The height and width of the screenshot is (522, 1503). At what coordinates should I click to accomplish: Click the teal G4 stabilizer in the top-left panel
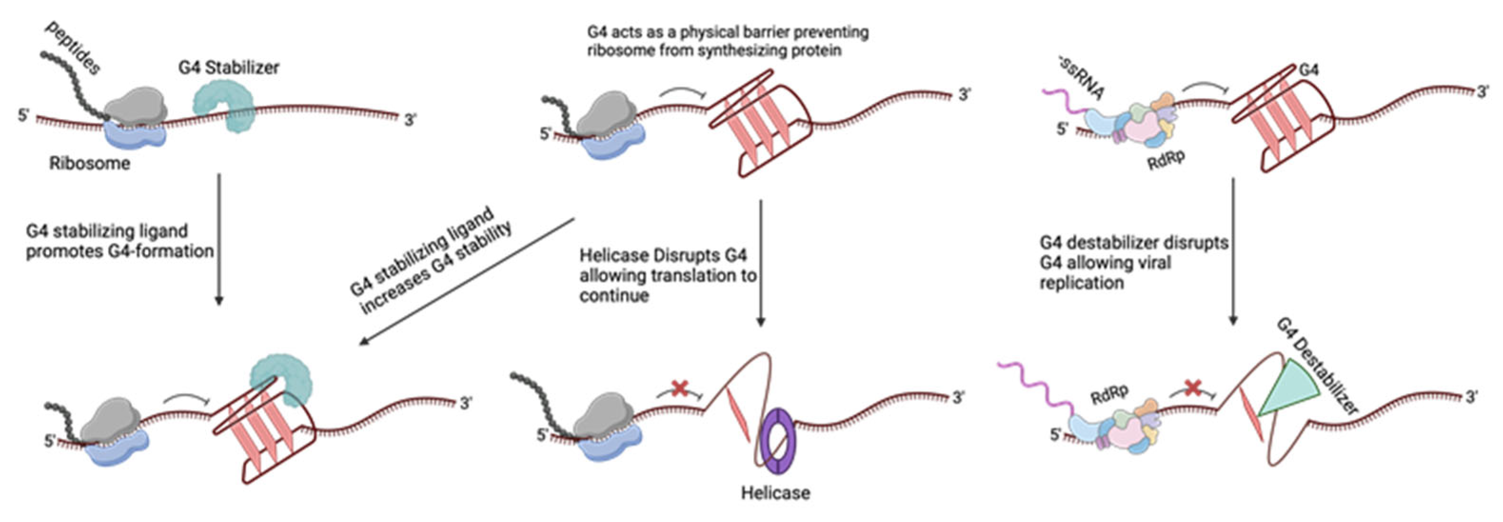point(225,105)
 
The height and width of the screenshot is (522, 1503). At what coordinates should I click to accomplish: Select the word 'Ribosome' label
point(89,163)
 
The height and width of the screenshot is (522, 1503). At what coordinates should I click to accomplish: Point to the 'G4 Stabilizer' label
point(229,68)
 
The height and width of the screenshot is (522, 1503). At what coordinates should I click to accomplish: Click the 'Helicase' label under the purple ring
point(776,493)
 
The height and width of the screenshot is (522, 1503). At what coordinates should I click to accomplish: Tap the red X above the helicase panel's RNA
point(679,388)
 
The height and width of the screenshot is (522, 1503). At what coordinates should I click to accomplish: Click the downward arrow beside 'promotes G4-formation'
point(219,239)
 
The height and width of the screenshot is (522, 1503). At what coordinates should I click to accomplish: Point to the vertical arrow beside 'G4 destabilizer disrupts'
point(1233,251)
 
